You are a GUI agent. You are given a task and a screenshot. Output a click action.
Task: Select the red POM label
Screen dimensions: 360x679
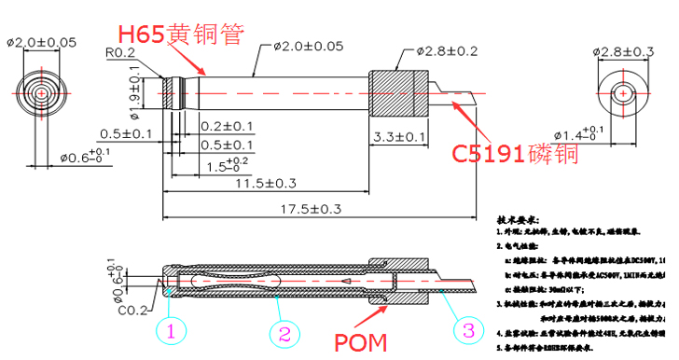pos(361,341)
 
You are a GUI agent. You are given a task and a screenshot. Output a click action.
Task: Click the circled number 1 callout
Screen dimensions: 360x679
pos(171,330)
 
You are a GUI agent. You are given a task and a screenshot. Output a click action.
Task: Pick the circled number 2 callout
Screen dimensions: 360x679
pos(283,330)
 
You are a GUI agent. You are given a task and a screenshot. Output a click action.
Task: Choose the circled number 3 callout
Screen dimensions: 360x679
pos(469,330)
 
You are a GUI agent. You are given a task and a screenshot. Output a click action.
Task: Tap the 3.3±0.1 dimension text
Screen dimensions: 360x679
pos(399,137)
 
